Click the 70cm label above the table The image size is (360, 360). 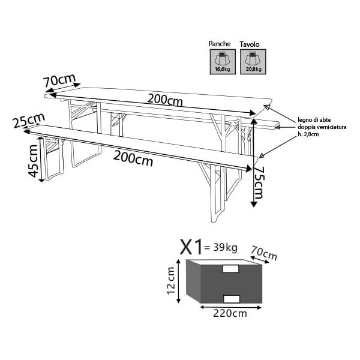click(x=59, y=80)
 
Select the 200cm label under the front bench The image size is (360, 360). click(x=133, y=158)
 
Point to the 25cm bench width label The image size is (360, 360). click(x=29, y=121)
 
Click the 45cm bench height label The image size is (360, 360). click(x=33, y=161)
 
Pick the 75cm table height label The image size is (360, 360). click(x=259, y=182)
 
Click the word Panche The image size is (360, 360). click(x=220, y=44)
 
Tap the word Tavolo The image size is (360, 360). click(x=250, y=44)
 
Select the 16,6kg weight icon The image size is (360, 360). click(x=223, y=62)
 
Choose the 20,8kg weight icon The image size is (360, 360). click(x=253, y=62)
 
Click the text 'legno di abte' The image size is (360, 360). click(x=314, y=120)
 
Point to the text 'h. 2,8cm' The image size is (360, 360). click(x=308, y=134)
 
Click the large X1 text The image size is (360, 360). click(x=191, y=247)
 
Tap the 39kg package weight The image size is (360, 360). click(x=225, y=248)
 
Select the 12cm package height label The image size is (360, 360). click(x=171, y=281)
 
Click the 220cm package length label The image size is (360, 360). click(x=230, y=313)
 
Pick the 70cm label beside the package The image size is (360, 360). click(x=264, y=253)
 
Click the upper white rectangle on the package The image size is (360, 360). click(x=231, y=269)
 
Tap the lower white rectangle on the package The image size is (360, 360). click(x=232, y=299)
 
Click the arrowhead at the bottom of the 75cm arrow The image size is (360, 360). click(x=253, y=204)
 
